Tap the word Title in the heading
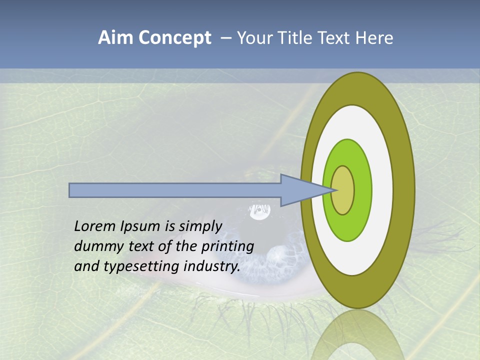tap(297, 38)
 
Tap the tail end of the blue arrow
tap(70, 190)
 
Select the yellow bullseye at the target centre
tap(342, 190)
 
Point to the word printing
tap(227, 246)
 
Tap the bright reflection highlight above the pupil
tap(259, 212)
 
